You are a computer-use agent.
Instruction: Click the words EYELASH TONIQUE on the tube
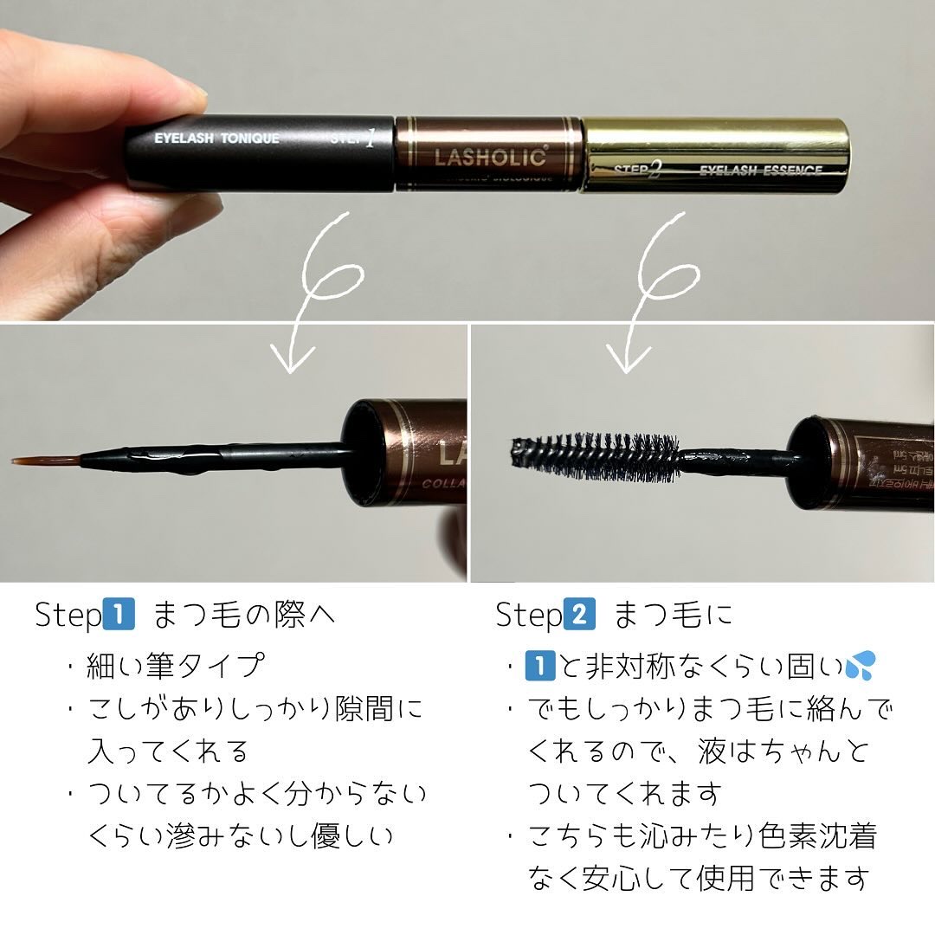[216, 139]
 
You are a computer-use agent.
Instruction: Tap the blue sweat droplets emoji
[861, 666]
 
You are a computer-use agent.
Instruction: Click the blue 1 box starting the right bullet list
[541, 666]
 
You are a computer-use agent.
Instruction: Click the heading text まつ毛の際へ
[244, 615]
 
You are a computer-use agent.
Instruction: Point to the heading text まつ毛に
[674, 615]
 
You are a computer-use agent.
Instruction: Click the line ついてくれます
[623, 792]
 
